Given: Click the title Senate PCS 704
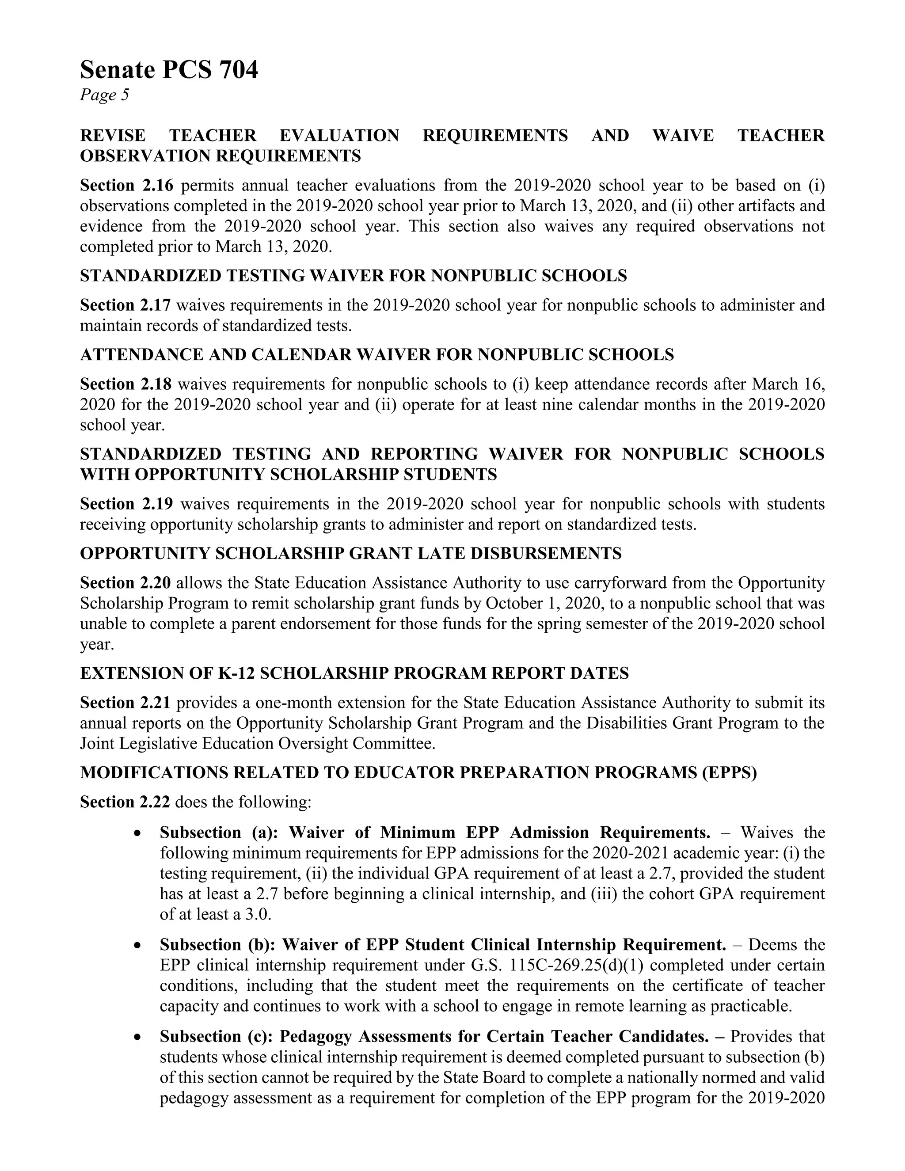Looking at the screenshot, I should pos(169,70).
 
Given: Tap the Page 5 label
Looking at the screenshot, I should pos(105,95).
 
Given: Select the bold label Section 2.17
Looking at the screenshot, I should pos(125,305).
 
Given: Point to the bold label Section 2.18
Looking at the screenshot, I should pos(126,384).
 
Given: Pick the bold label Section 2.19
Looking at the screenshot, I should pos(126,504).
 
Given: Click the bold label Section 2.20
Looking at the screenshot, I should pos(125,583).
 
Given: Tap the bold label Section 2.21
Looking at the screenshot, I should pos(125,703).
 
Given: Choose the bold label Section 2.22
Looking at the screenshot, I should pos(125,802).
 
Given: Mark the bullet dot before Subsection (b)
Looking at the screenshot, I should pos(138,946).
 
